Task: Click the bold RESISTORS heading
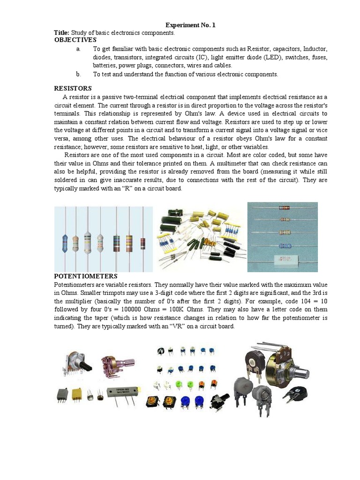pyautogui.click(x=73, y=89)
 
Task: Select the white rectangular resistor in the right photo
pyautogui.click(x=283, y=259)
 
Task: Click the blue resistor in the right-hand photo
pyautogui.click(x=283, y=246)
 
